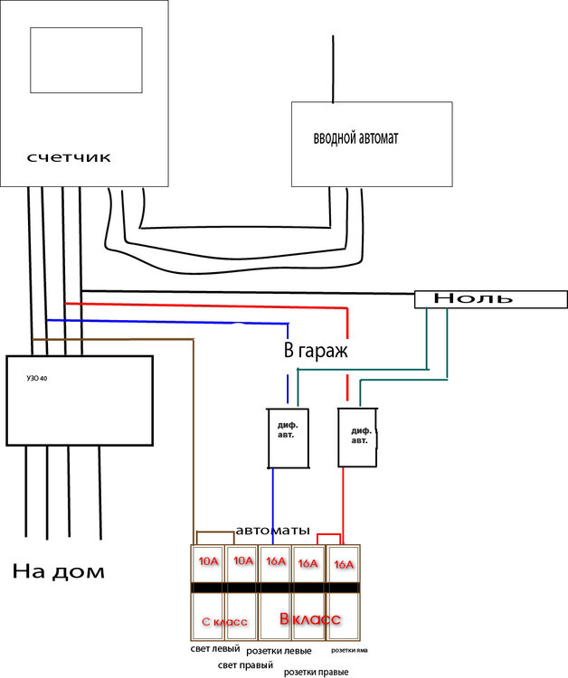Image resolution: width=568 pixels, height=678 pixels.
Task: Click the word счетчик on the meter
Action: point(68,157)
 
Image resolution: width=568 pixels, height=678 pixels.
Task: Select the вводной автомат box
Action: point(371,142)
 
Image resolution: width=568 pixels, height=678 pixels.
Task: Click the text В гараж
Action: point(316,351)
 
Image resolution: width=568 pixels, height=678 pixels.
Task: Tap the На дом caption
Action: point(59,571)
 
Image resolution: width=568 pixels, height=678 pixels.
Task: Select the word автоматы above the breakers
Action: point(272,530)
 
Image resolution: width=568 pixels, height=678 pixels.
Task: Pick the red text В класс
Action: point(309,619)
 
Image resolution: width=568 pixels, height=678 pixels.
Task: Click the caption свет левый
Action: point(214,648)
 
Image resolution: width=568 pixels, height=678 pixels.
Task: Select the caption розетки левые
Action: point(279,651)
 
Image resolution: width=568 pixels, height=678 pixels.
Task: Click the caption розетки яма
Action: point(348,650)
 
